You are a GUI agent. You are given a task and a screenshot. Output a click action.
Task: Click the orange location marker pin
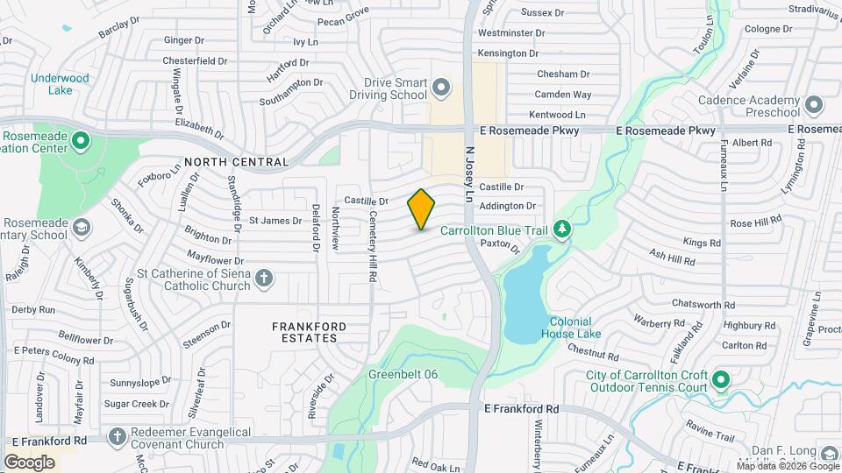[x=421, y=209]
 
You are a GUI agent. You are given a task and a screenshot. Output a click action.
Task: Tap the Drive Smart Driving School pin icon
[x=441, y=88]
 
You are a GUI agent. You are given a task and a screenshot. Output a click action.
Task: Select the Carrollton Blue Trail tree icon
[x=561, y=229]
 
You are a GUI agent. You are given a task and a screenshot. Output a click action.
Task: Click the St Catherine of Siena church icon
[x=263, y=279]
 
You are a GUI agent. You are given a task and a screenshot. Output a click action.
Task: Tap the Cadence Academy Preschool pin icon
[x=814, y=106]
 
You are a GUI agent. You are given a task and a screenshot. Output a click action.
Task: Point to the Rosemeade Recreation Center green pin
[x=81, y=140]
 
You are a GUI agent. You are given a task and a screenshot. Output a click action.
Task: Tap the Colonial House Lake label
[x=571, y=328]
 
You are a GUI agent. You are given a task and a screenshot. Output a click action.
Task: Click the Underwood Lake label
[x=60, y=84]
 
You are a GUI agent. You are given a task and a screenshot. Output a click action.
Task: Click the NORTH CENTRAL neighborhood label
[x=236, y=162]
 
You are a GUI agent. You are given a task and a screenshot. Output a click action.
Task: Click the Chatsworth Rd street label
[x=703, y=304]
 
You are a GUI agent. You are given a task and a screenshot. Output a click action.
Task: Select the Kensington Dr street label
[x=507, y=53]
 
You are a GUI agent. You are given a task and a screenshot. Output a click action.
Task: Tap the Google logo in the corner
[x=29, y=462]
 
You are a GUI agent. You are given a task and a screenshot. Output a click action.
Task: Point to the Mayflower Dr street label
[x=216, y=260]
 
